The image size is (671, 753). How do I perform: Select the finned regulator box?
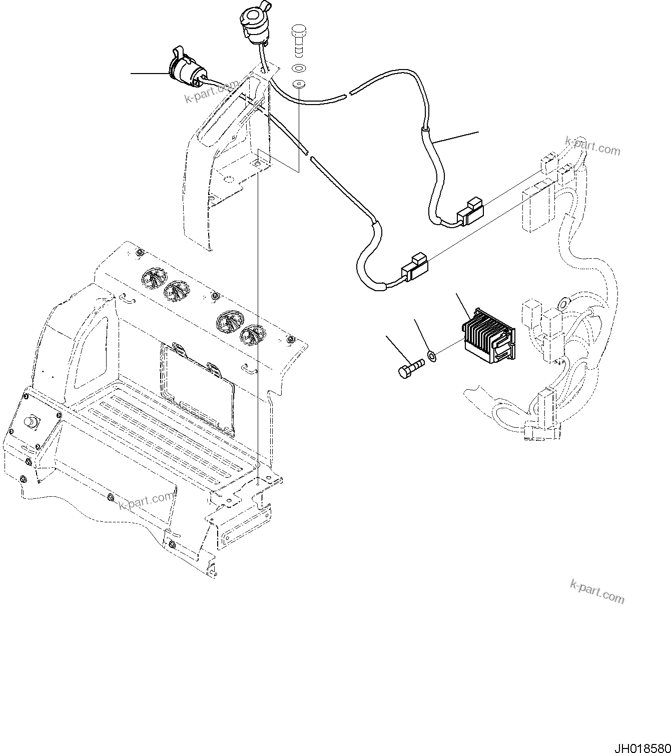coord(487,335)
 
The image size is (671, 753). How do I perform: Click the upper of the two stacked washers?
coord(299,68)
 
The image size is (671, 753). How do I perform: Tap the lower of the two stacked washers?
coord(299,84)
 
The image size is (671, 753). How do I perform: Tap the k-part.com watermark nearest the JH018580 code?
coord(597,590)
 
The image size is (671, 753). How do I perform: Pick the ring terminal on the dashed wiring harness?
coord(563,302)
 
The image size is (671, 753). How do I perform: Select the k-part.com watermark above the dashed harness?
coord(592,146)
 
